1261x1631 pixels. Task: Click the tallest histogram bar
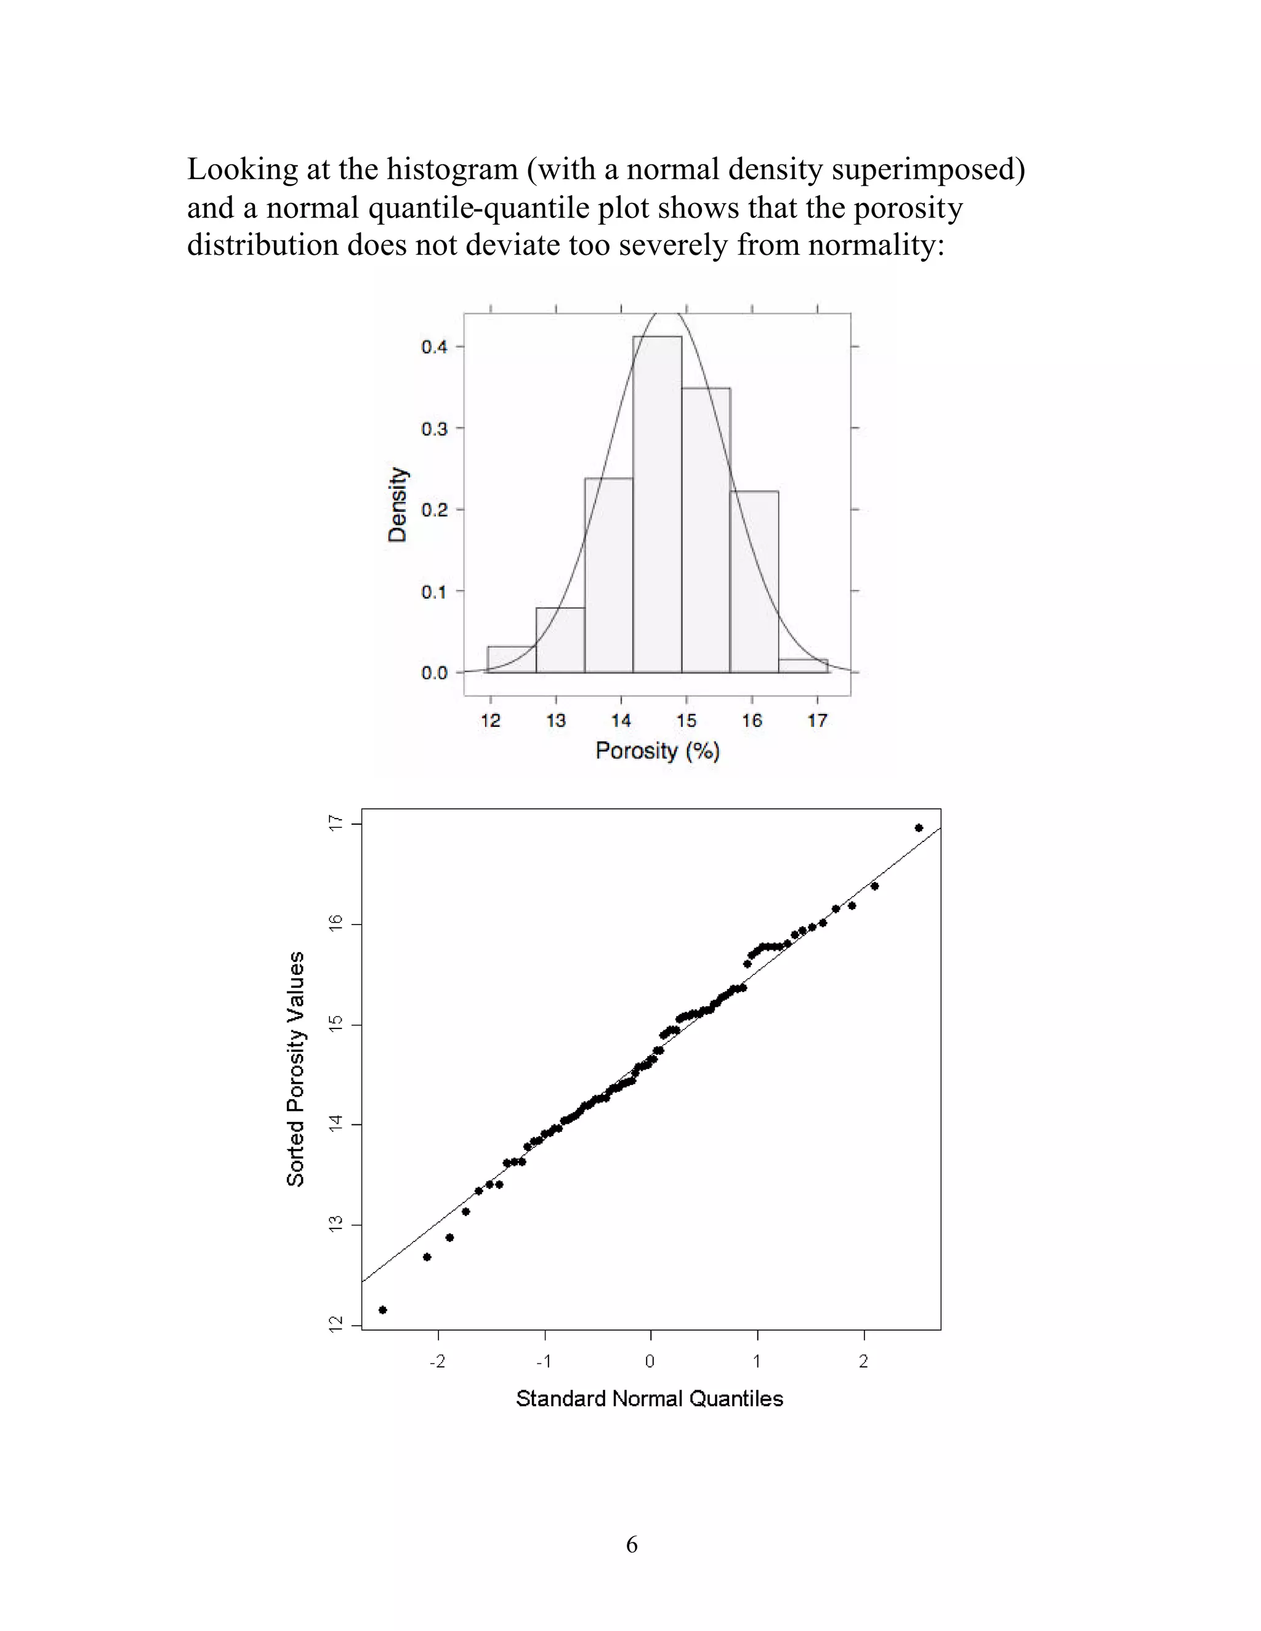tap(656, 504)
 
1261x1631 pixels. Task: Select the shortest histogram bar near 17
tap(803, 665)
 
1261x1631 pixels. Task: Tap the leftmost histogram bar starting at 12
tap(511, 659)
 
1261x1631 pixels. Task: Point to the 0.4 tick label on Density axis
tap(434, 347)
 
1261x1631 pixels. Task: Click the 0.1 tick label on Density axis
tap(434, 592)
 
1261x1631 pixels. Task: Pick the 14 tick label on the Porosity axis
tap(621, 721)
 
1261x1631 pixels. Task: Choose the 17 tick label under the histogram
tap(817, 721)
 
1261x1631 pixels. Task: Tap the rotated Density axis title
tap(397, 504)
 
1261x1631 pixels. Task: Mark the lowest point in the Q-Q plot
tap(383, 1310)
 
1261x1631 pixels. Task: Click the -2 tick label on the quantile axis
tap(437, 1361)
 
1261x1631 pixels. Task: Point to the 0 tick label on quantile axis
tap(650, 1361)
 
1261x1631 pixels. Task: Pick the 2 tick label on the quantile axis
tap(864, 1361)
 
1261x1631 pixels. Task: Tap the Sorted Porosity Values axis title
tap(296, 1070)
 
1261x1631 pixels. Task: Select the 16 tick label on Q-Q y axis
tap(336, 923)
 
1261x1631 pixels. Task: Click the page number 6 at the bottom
tap(632, 1544)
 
